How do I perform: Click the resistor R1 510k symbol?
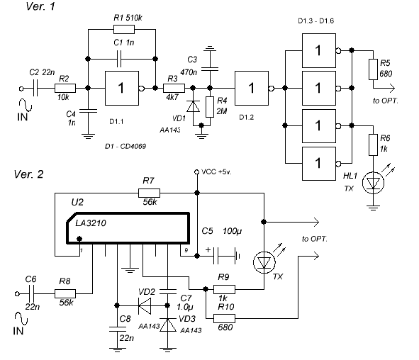(x=124, y=29)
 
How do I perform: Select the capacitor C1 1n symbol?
(x=119, y=59)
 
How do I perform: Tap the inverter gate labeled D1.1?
(x=122, y=88)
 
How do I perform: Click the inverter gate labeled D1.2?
(x=252, y=88)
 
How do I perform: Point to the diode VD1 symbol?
(x=193, y=106)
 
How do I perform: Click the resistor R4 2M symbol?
(x=210, y=107)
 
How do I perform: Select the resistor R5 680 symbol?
(x=374, y=69)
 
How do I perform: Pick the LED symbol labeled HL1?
(x=374, y=183)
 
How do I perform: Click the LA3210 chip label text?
(x=91, y=223)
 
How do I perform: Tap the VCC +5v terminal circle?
(x=196, y=171)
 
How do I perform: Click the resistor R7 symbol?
(x=150, y=193)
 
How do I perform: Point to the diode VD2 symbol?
(x=145, y=305)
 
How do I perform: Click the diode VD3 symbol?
(x=167, y=325)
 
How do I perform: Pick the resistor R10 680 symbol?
(x=225, y=318)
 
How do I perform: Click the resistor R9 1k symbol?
(x=225, y=289)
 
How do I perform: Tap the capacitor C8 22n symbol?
(x=117, y=329)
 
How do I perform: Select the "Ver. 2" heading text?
(x=28, y=174)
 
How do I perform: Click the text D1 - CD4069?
(x=125, y=147)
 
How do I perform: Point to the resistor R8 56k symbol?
(x=65, y=294)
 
